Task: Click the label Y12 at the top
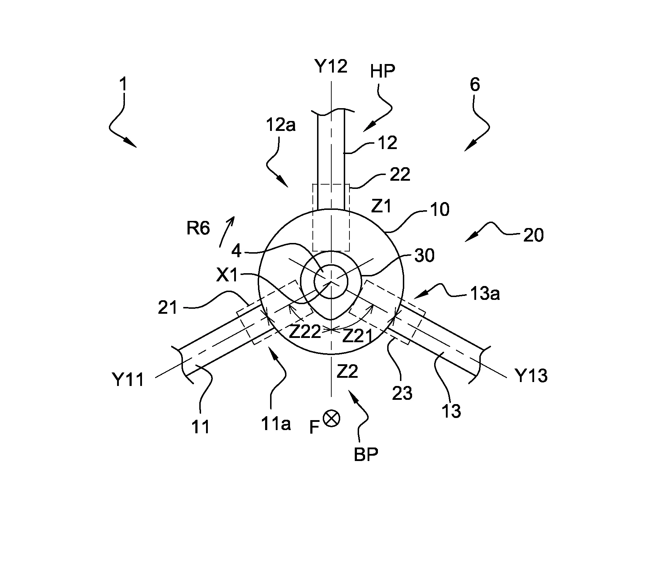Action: point(331,67)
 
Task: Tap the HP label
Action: point(383,71)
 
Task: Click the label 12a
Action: point(281,125)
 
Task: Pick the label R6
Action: point(198,228)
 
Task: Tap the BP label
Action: point(366,455)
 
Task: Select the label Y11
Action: point(128,380)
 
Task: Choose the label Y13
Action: point(532,376)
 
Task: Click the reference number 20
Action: point(533,235)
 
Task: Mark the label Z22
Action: point(305,333)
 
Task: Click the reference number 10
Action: point(439,210)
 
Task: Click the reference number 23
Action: point(402,393)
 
